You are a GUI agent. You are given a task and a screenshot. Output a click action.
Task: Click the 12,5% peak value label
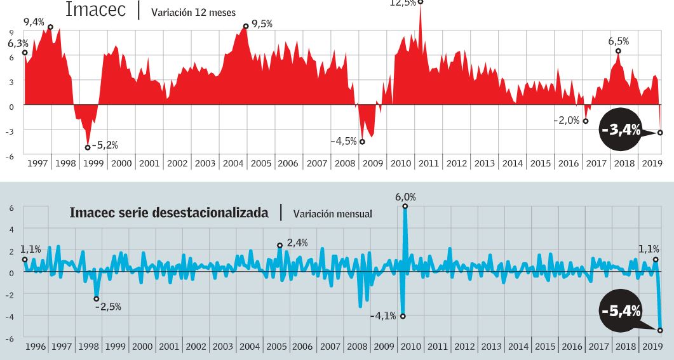coord(402,3)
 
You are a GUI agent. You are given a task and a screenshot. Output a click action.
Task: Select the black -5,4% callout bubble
coord(621,310)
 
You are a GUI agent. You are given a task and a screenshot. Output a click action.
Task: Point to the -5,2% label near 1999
coord(105,145)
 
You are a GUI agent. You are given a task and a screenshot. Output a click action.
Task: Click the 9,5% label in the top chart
coord(262,24)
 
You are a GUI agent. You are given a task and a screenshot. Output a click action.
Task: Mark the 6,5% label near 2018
coord(618,41)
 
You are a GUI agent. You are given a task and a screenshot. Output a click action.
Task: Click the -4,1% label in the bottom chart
coord(384,316)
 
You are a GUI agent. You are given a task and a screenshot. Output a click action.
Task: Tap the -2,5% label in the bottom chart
coord(108,306)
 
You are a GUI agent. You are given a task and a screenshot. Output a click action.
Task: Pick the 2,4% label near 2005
coord(297,243)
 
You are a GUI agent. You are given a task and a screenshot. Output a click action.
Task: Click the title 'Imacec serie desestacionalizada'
coord(168,213)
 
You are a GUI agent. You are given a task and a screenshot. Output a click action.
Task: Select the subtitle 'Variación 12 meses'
coord(193,11)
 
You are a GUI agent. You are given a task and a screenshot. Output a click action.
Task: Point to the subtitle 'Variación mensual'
coord(332,214)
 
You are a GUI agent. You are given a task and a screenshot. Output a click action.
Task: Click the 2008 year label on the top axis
coord(344,163)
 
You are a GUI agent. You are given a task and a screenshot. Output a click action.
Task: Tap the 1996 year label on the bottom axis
coord(36,347)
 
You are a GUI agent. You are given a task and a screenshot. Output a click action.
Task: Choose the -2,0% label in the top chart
coord(566,121)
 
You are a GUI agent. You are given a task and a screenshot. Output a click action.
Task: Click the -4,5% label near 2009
coord(343,141)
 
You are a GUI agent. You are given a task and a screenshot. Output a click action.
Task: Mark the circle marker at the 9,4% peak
coord(50,27)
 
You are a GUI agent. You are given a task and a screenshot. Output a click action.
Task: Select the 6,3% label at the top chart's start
coord(18,44)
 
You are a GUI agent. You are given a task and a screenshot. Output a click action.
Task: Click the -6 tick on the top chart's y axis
coord(11,155)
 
